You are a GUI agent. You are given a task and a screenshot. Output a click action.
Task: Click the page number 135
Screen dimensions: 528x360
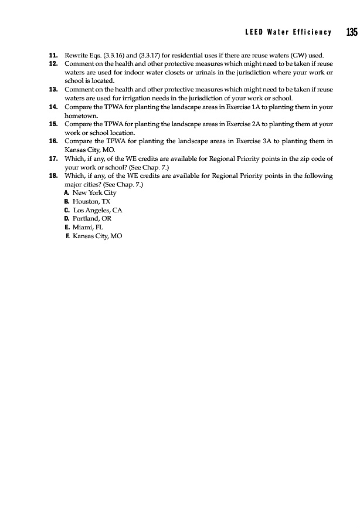click(351, 32)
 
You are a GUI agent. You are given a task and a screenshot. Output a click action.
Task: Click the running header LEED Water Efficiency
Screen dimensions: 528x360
click(288, 32)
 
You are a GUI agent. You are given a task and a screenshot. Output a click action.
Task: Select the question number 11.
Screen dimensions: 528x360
click(53, 55)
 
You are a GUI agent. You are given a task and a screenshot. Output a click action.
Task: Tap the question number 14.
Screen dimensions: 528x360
click(53, 107)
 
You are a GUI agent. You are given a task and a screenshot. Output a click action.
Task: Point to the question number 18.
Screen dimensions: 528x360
click(53, 176)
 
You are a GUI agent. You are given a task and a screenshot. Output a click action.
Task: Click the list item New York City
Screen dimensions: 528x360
click(94, 192)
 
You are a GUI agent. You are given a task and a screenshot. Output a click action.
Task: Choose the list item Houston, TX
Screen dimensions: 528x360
click(87, 201)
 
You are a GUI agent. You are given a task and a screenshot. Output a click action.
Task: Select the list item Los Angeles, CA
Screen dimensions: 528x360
click(97, 209)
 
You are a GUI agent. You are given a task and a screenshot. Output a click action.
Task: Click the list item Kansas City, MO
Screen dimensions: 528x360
click(98, 236)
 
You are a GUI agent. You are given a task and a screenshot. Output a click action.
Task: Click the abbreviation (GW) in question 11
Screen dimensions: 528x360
click(298, 55)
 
